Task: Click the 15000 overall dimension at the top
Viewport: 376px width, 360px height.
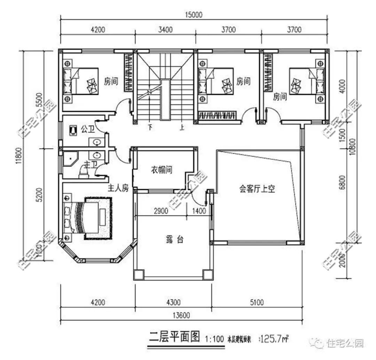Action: tap(194, 15)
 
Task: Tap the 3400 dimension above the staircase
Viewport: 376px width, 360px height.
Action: tap(165, 30)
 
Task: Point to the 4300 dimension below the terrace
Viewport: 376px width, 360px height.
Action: tap(173, 302)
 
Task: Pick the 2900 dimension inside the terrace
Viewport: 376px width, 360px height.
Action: tap(160, 211)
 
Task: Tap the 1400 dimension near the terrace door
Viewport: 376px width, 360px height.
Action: tap(199, 211)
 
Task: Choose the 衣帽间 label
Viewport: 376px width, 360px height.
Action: tap(162, 170)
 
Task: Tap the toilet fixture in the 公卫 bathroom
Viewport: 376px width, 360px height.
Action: tap(73, 129)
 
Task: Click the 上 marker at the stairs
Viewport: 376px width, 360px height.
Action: tap(182, 127)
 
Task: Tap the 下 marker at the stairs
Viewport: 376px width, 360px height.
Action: tap(150, 127)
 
